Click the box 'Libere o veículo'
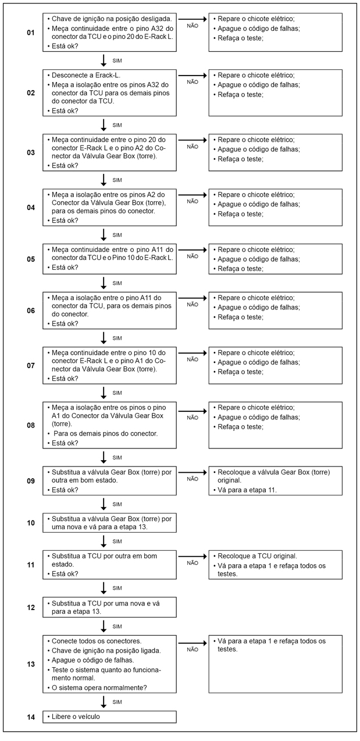(109, 716)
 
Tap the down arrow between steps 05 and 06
(104, 283)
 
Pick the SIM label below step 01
(117, 60)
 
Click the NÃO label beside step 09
(193, 479)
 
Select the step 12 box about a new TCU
(109, 607)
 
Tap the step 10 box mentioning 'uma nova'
(109, 522)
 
